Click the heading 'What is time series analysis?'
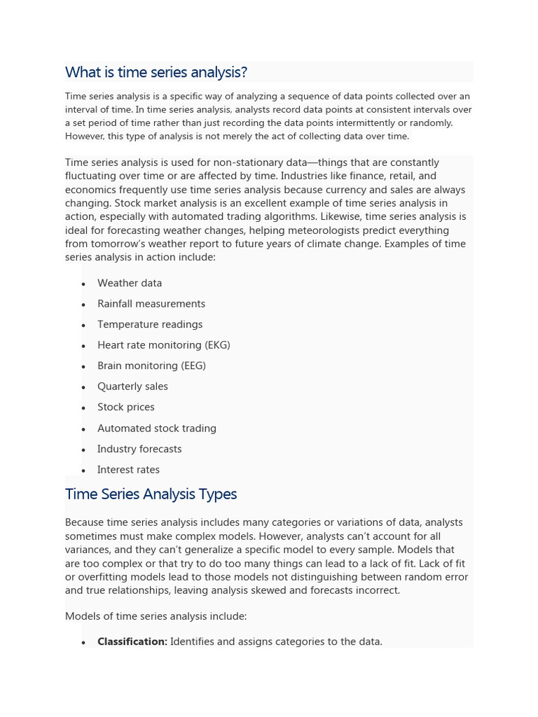click(x=156, y=72)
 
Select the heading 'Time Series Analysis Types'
click(x=151, y=494)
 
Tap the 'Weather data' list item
click(x=130, y=283)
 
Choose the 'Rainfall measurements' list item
click(x=151, y=304)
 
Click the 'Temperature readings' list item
click(x=150, y=324)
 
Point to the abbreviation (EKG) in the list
click(x=217, y=345)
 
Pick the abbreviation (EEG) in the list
click(x=193, y=366)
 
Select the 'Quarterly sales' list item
click(x=132, y=387)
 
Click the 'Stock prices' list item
click(x=126, y=407)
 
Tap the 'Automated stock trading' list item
click(x=157, y=429)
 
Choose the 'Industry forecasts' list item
click(x=139, y=449)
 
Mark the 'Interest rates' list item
click(x=128, y=470)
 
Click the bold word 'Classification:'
click(x=132, y=641)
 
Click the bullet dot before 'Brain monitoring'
click(x=83, y=366)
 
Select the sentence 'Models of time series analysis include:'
click(x=156, y=616)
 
